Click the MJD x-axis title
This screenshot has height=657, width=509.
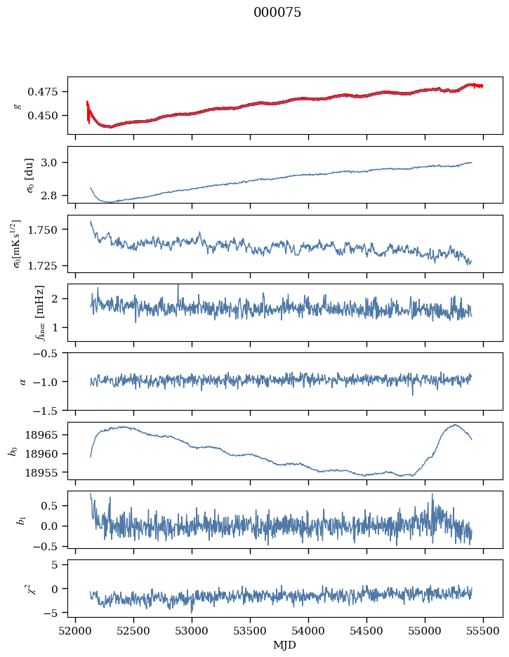pos(285,644)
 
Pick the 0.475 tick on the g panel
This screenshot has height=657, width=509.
pos(45,92)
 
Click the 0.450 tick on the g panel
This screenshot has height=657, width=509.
pos(45,115)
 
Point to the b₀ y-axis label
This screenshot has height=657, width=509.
pos(13,450)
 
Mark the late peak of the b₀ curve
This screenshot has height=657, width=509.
pos(455,425)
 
